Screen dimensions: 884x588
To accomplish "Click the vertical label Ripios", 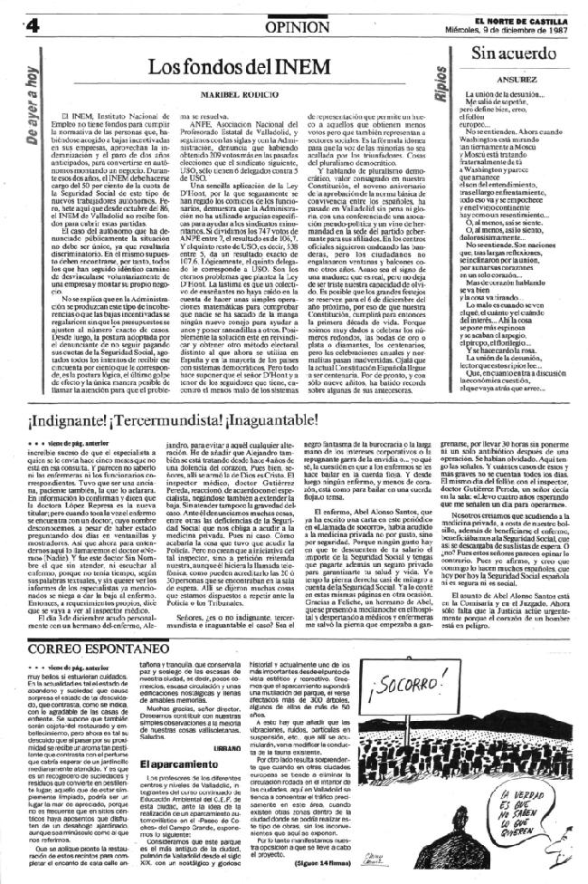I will (x=439, y=83).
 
